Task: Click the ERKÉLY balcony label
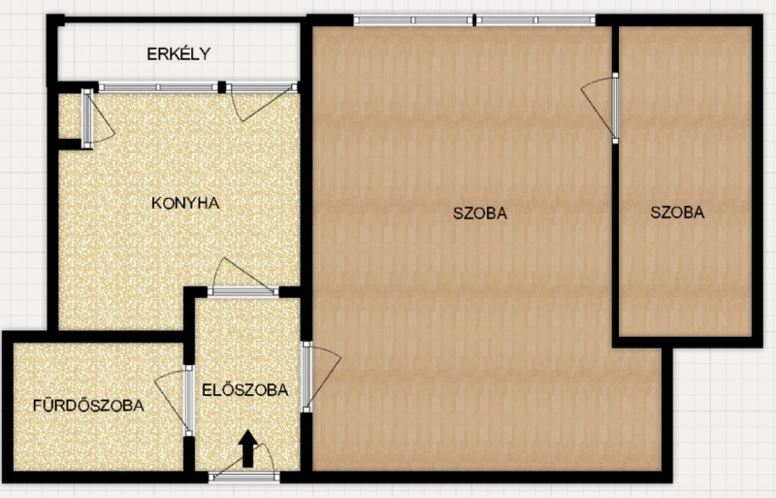[x=178, y=53]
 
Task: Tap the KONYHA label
[x=185, y=203]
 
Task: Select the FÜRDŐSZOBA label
[x=88, y=405]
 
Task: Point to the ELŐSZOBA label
[x=245, y=389]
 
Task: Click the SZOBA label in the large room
[x=480, y=213]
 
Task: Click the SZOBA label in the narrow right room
[x=677, y=212]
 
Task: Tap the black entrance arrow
[x=248, y=448]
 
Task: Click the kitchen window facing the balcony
[x=158, y=87]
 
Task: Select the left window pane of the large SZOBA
[x=414, y=20]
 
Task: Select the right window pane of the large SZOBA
[x=536, y=20]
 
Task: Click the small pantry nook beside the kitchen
[x=70, y=116]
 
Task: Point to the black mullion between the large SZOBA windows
[x=474, y=20]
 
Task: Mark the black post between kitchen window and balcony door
[x=222, y=87]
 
